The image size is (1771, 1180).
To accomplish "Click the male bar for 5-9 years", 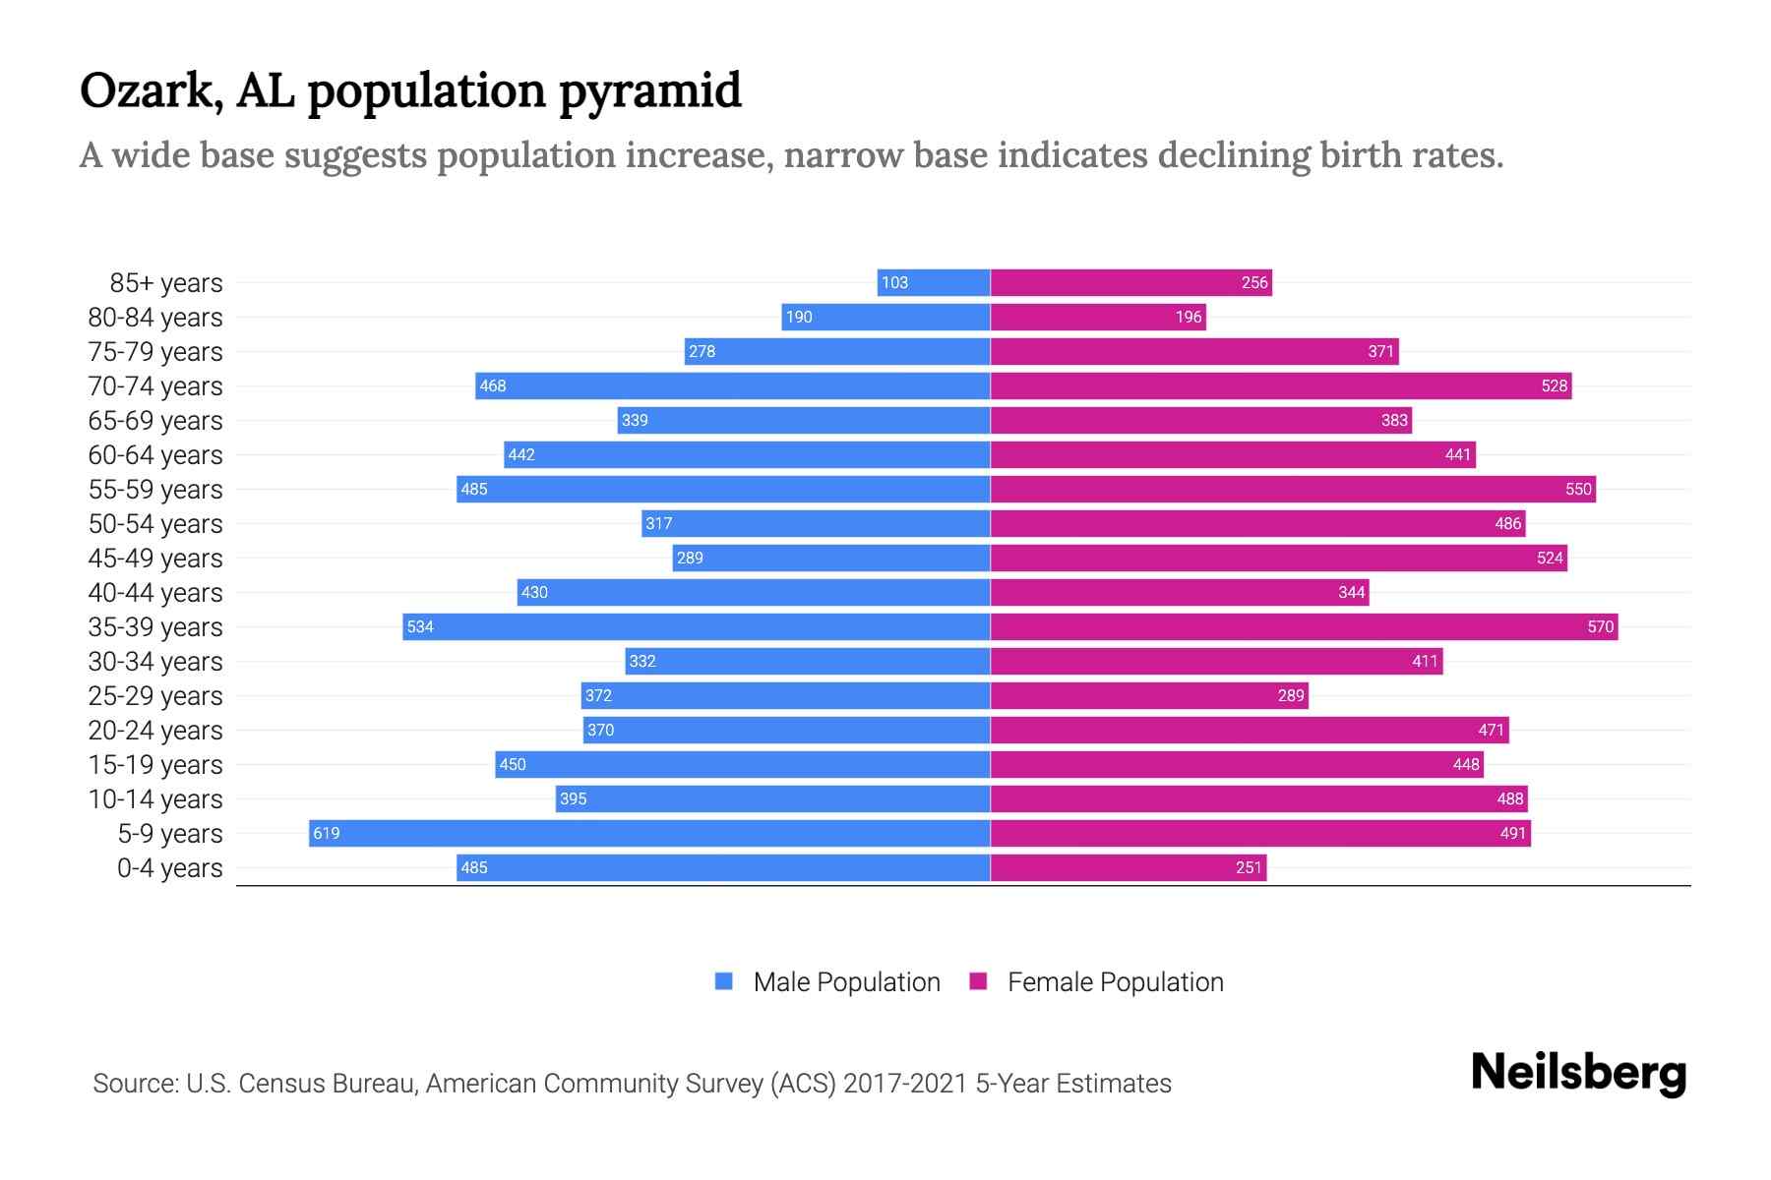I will [649, 833].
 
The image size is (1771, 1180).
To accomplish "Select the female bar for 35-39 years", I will [1304, 626].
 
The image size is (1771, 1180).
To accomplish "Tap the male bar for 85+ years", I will [934, 282].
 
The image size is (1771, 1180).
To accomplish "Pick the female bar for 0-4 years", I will [1128, 867].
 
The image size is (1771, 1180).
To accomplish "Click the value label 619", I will [326, 834].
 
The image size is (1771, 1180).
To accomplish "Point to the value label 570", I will [1600, 627].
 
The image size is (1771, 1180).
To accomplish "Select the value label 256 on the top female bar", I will [1254, 283].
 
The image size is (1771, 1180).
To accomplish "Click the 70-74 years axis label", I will [155, 386].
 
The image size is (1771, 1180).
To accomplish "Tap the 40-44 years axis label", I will [155, 593].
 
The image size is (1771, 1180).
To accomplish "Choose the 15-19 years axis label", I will [155, 765].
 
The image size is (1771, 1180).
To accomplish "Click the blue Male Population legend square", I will [724, 981].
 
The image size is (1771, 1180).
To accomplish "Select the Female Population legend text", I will [1115, 982].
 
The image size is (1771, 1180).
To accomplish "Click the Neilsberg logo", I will [1578, 1073].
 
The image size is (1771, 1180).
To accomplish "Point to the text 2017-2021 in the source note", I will [905, 1084].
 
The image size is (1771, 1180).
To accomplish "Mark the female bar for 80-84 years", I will [1098, 317].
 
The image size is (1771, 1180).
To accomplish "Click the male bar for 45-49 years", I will [831, 558].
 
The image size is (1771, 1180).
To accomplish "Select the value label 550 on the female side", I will [1577, 490].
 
